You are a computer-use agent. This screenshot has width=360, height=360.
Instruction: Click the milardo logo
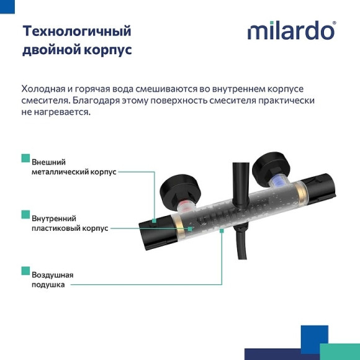click(x=290, y=30)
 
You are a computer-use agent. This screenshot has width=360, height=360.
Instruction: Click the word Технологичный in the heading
click(x=76, y=31)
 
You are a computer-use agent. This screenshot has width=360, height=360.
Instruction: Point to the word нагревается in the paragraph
click(x=61, y=112)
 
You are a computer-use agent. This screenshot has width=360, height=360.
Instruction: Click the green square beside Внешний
click(x=25, y=158)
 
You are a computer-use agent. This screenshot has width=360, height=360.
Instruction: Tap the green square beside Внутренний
click(x=25, y=214)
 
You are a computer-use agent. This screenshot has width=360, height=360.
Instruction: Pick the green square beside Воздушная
click(x=25, y=271)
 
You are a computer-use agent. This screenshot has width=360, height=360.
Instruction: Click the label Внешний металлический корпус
click(x=73, y=167)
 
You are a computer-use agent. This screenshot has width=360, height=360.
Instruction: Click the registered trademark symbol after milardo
click(x=335, y=24)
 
